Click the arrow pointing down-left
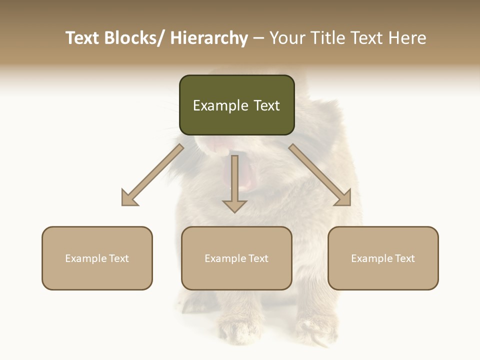153,175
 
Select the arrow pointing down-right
320,175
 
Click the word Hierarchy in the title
209,38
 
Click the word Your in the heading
287,38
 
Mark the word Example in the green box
220,105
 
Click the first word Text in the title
83,38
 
